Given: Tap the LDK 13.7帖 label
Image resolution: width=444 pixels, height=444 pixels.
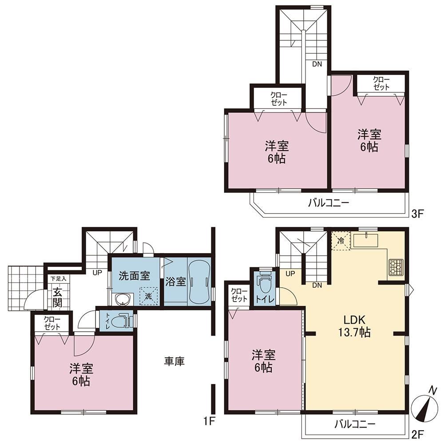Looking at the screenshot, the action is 354,326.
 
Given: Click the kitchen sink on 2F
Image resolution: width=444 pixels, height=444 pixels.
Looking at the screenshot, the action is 365,240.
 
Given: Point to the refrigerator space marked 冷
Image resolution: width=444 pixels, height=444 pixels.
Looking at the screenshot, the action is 341,241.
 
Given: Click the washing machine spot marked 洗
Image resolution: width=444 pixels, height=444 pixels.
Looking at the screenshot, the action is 149,296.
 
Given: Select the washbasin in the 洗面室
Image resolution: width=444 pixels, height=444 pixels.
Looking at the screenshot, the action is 123,300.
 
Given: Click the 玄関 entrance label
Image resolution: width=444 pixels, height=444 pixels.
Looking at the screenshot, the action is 57,297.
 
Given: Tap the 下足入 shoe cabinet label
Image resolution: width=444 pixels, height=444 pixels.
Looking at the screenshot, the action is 58,279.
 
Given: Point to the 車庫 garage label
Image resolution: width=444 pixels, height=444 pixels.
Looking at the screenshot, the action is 174,361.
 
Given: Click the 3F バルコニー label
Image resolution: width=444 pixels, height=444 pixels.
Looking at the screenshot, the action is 329,203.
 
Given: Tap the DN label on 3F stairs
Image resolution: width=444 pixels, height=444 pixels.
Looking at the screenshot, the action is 317,64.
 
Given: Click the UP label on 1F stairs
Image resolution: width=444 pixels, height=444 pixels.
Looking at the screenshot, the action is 97,273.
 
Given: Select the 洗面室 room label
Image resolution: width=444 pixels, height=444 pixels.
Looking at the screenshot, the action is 134,276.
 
